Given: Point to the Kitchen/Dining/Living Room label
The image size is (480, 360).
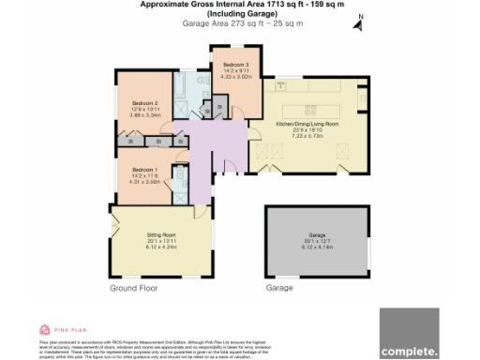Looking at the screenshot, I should (x=307, y=124).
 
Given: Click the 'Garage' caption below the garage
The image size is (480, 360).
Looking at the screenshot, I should (x=280, y=288).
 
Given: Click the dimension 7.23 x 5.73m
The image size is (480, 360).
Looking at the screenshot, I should (x=307, y=135).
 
